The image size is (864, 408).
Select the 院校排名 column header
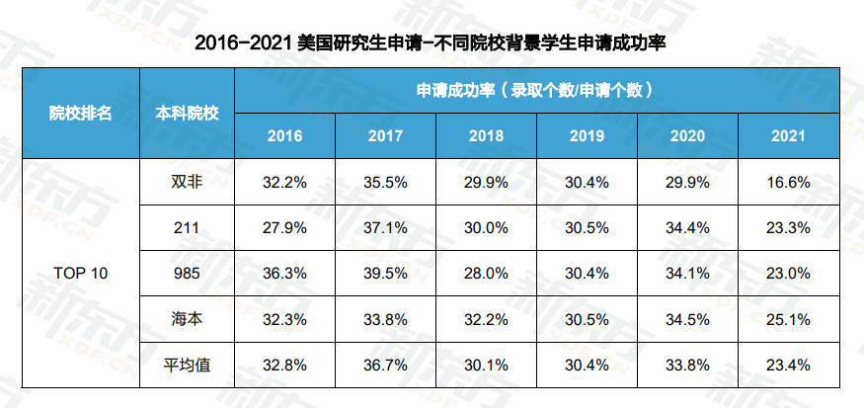point(81,113)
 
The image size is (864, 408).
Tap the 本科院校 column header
point(188,113)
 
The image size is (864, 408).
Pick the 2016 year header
point(285,136)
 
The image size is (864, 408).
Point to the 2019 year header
point(588,136)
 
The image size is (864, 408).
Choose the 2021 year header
point(789,136)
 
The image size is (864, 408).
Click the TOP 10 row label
point(81,274)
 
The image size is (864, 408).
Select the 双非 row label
point(188,182)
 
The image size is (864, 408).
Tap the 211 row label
point(188,227)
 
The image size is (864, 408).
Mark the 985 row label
point(188,274)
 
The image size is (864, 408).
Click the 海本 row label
point(188,319)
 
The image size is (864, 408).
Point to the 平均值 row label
point(188,366)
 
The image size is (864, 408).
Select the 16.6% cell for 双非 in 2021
point(789,182)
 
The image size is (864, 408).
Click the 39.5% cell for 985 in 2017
point(386,274)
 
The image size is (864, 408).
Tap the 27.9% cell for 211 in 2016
point(285,227)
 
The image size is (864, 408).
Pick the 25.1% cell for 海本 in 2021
point(789,319)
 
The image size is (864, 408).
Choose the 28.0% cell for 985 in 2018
point(487,274)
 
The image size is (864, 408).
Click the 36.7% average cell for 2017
point(386,366)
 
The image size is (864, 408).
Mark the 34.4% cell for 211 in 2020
point(688,227)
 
